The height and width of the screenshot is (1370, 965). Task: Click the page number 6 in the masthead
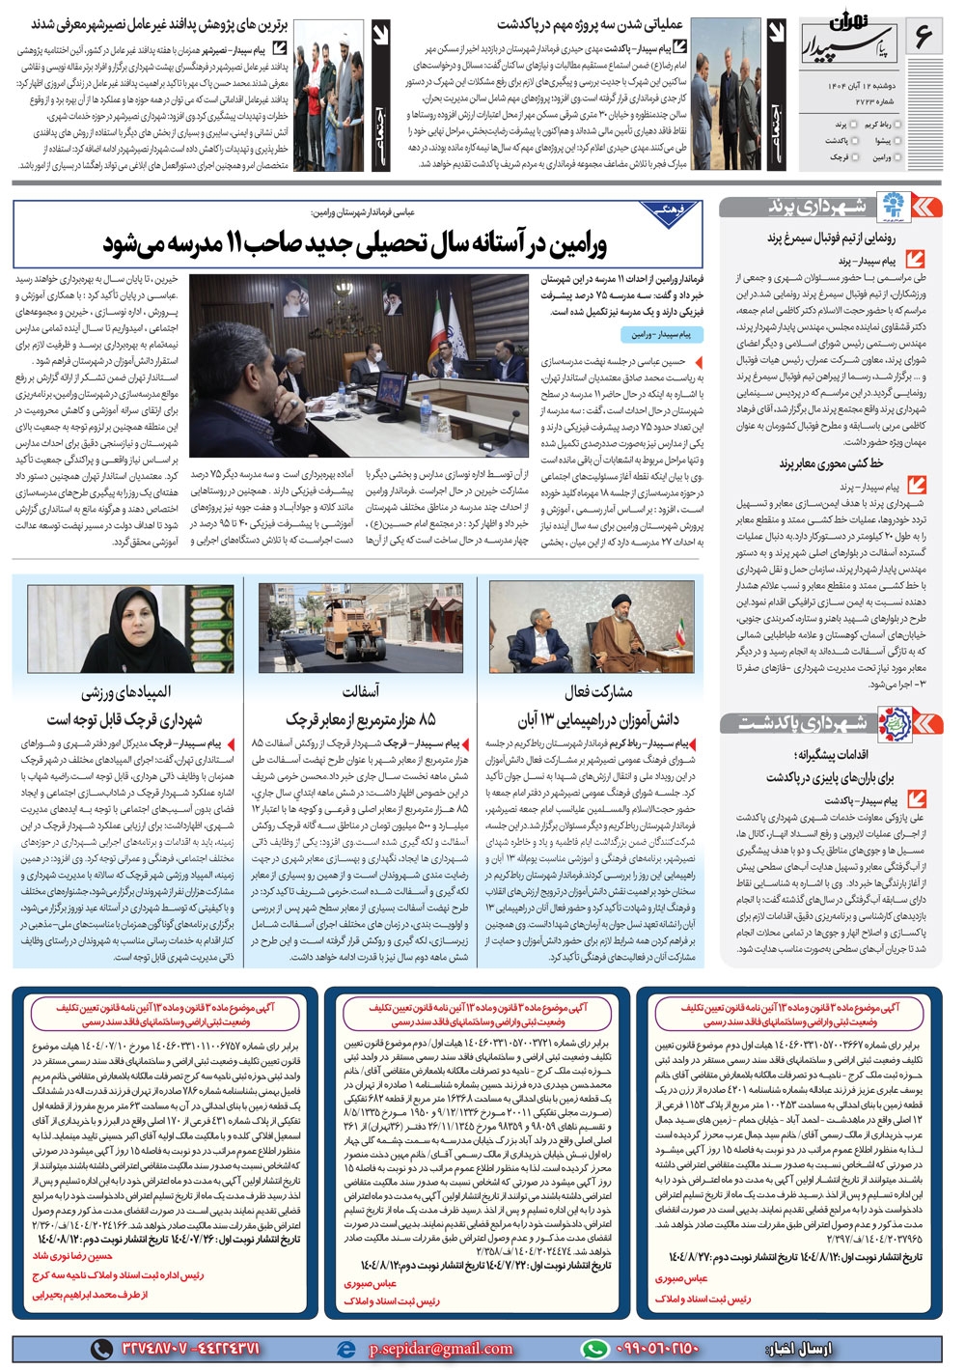tap(923, 39)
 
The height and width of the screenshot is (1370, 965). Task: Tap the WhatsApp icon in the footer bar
tap(594, 1349)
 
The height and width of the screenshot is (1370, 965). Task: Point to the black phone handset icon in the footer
tap(101, 1349)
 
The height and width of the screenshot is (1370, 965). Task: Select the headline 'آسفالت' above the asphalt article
tap(360, 691)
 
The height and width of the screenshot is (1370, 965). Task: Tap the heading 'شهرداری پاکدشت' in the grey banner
tap(801, 722)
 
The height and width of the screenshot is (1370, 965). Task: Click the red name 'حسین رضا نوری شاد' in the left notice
tap(72, 1256)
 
